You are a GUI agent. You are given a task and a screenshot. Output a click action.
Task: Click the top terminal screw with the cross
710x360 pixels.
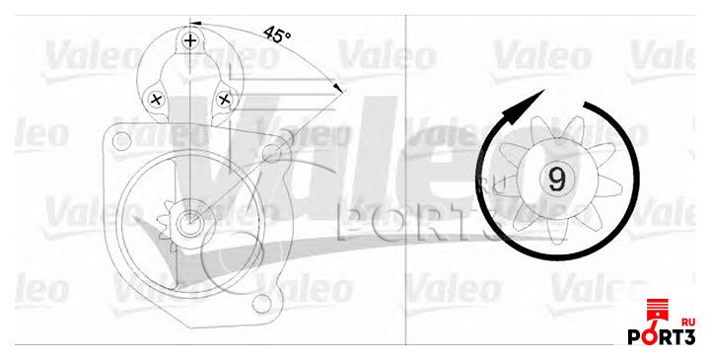(190, 40)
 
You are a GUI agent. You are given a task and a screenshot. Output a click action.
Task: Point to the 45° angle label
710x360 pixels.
(278, 35)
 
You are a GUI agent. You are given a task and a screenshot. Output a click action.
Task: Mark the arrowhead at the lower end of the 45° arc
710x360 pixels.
(340, 89)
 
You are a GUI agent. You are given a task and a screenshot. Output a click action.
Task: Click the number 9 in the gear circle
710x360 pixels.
(556, 179)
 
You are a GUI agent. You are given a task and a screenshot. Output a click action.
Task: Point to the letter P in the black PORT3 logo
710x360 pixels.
(636, 338)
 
